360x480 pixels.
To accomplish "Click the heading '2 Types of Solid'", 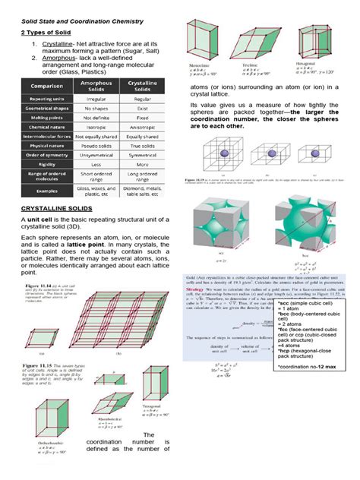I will [47, 33].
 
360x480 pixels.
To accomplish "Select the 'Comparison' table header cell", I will [45, 87].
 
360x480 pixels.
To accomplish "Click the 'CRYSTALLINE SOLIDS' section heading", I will [58, 207].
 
